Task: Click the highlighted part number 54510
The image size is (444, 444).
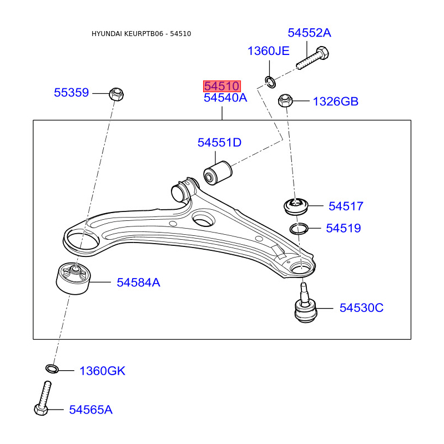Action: pyautogui.click(x=221, y=86)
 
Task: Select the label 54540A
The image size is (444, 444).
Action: pyautogui.click(x=225, y=98)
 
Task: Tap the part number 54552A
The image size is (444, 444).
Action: pyautogui.click(x=309, y=33)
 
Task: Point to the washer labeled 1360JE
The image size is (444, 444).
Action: pyautogui.click(x=270, y=82)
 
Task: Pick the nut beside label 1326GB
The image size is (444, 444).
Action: pyautogui.click(x=285, y=101)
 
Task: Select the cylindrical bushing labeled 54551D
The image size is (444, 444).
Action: pyautogui.click(x=217, y=171)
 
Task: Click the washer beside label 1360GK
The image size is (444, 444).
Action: pyautogui.click(x=51, y=369)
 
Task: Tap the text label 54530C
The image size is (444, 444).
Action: pyautogui.click(x=361, y=307)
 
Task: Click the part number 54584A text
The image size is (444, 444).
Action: pyautogui.click(x=138, y=282)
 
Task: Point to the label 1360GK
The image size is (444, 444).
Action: pyautogui.click(x=102, y=371)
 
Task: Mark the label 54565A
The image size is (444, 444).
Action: pyautogui.click(x=90, y=410)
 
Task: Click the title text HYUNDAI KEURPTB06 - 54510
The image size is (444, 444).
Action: pyautogui.click(x=141, y=34)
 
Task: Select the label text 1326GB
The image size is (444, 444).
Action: pyautogui.click(x=335, y=102)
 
